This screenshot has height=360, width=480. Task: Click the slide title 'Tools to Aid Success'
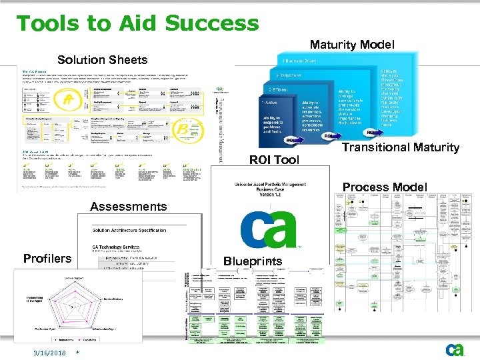(x=137, y=23)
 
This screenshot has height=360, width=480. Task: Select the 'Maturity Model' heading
(x=352, y=45)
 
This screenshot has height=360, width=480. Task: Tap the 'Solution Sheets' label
(x=102, y=60)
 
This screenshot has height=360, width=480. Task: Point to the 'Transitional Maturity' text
(x=401, y=147)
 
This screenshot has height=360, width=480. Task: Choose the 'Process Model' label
(x=385, y=187)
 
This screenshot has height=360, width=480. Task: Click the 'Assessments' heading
(x=128, y=207)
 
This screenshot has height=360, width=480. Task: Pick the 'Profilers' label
(x=47, y=259)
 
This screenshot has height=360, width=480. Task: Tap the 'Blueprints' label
(x=253, y=261)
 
